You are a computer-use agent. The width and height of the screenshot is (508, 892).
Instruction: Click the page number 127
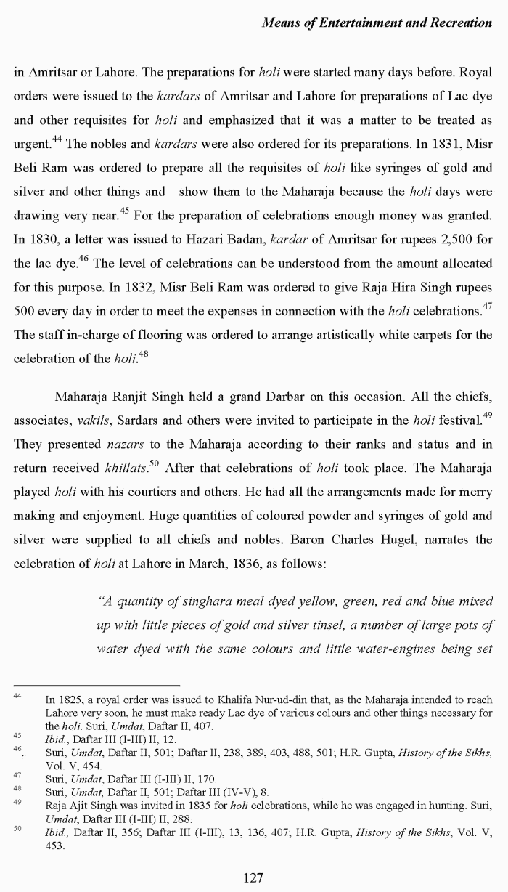click(x=253, y=877)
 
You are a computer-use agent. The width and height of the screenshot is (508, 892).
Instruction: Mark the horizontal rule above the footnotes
click(x=97, y=685)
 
